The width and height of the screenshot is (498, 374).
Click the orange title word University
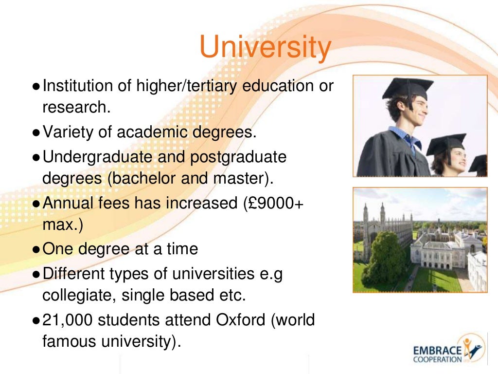[x=265, y=48]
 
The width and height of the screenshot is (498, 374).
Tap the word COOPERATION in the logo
[x=437, y=360]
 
